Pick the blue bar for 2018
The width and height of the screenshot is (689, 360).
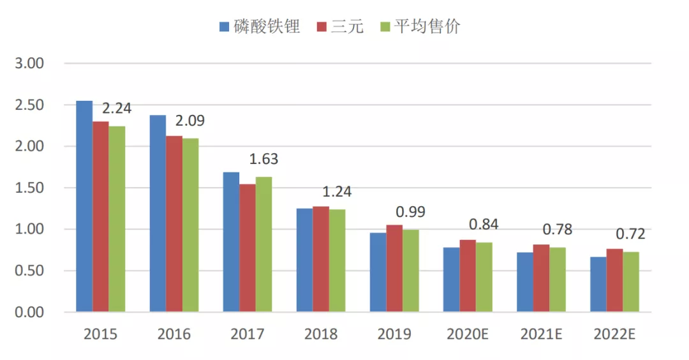pos(304,260)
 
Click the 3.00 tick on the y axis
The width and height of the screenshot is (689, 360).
pos(28,64)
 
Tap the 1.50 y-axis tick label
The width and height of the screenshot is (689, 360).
pos(28,188)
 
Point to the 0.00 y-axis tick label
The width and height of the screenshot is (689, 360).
pos(28,312)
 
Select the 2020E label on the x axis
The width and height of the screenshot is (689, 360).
pos(468,334)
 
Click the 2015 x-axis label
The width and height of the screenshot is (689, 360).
pos(101,334)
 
